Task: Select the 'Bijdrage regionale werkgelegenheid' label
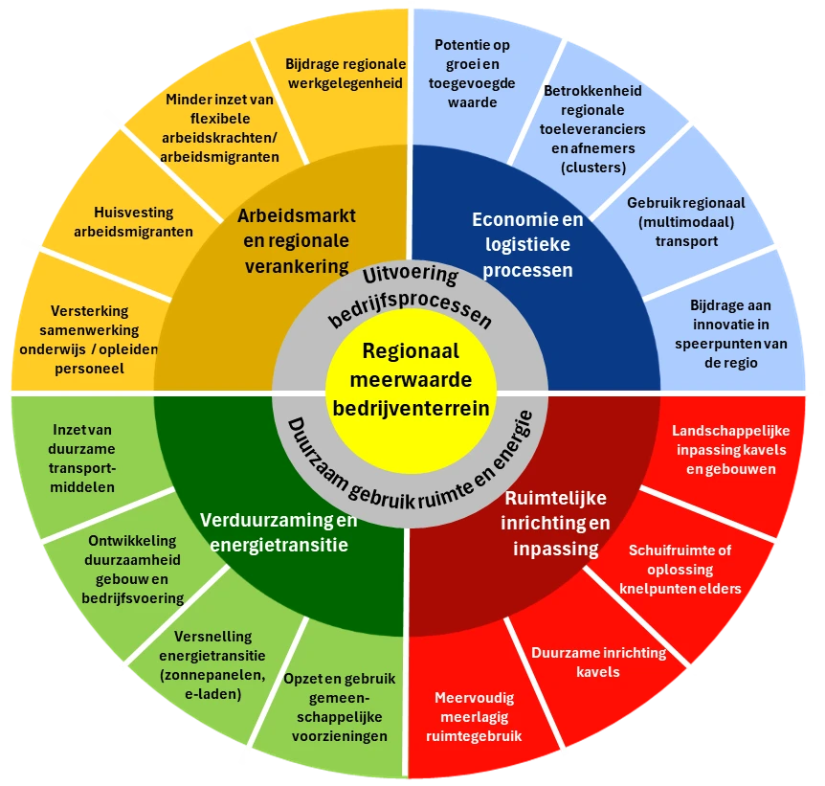tap(346, 74)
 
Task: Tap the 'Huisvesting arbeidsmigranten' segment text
tap(134, 222)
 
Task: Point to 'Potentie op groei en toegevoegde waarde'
tap(472, 74)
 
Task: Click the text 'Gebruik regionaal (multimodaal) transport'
tap(686, 222)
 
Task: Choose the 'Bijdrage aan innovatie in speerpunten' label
tap(731, 334)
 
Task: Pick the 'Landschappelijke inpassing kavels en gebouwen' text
tap(731, 450)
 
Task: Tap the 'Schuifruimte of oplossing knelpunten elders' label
tap(680, 569)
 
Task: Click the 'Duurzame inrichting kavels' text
tap(598, 662)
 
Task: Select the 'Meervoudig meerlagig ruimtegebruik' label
tap(474, 716)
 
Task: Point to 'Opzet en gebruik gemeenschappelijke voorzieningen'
tap(340, 707)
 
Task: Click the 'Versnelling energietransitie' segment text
tap(212, 665)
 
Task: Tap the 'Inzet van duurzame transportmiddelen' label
tap(82, 458)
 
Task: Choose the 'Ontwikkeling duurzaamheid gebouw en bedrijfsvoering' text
tap(133, 569)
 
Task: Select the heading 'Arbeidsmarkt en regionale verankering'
tap(297, 240)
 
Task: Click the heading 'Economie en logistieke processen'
tap(527, 244)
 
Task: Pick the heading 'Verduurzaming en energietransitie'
tap(279, 532)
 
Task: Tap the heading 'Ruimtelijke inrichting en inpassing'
tap(556, 524)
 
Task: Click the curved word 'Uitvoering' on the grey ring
tap(411, 275)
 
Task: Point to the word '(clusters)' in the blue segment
tap(593, 168)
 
